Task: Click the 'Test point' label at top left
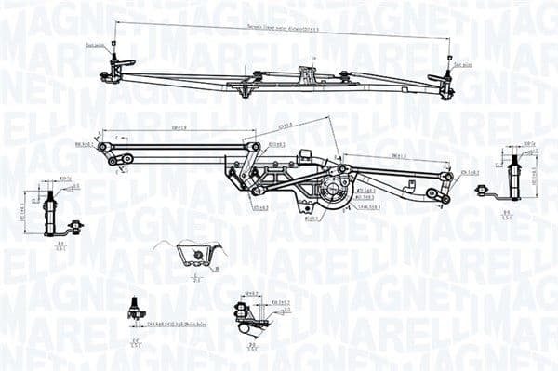pyautogui.click(x=93, y=45)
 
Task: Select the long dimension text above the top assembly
pyautogui.click(x=279, y=32)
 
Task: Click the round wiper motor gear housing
pyautogui.click(x=333, y=191)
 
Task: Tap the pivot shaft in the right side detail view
pyautogui.click(x=513, y=172)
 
